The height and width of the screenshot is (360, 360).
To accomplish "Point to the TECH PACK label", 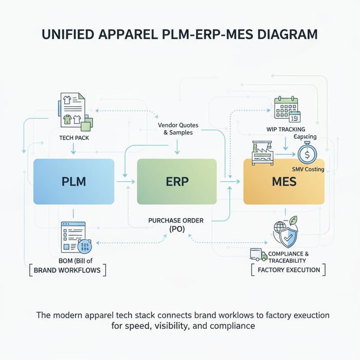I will [73, 138].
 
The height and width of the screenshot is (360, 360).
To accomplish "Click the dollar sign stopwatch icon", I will [308, 153].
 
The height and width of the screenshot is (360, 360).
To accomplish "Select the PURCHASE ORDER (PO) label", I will [176, 224].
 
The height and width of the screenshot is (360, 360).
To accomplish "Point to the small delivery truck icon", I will [258, 255].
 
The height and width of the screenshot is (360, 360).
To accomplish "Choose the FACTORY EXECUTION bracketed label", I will [289, 269].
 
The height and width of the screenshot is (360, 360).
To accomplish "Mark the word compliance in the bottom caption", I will [231, 326].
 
